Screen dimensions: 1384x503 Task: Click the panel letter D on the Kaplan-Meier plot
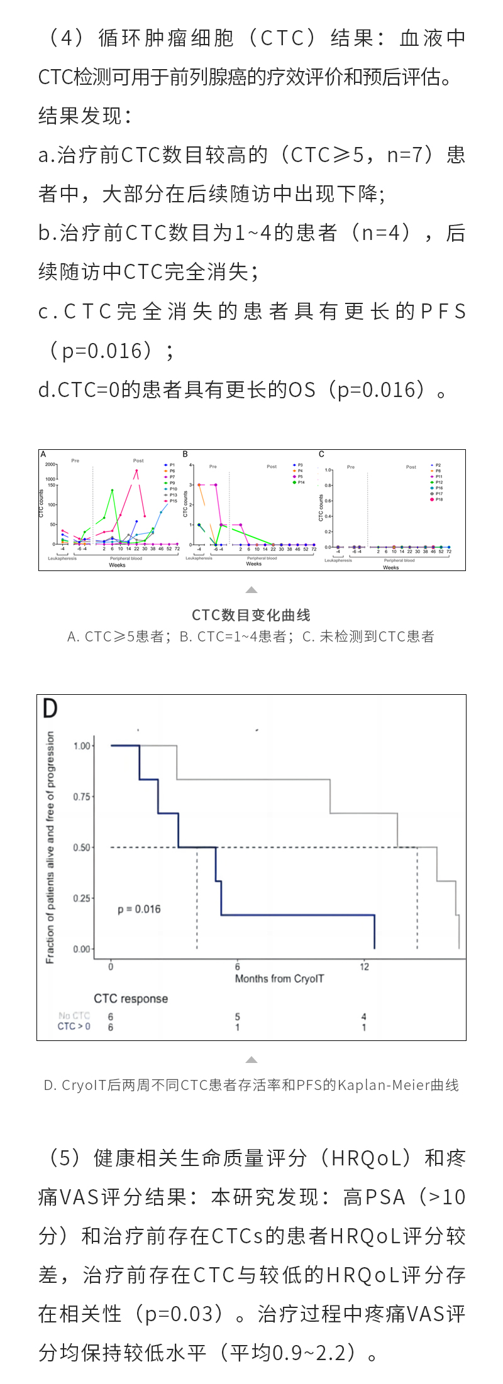click(x=50, y=709)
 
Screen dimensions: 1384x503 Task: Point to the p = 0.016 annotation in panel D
click(x=139, y=909)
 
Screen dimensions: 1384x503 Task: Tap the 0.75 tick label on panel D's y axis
click(x=82, y=797)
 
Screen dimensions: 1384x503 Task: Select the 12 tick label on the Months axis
click(x=364, y=966)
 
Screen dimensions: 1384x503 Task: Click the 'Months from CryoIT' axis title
click(x=279, y=978)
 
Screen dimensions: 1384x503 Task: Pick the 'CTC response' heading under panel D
click(x=131, y=999)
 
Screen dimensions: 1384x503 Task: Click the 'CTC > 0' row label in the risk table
click(x=74, y=1026)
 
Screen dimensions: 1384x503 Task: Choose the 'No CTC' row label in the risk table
click(x=74, y=1015)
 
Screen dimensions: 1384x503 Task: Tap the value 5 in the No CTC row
click(x=238, y=1016)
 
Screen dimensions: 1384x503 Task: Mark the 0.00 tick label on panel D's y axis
click(x=82, y=949)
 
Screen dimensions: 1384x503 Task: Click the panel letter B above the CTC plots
click(x=185, y=454)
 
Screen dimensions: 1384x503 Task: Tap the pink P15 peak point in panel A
click(x=136, y=471)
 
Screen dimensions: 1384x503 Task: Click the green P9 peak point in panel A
click(x=112, y=490)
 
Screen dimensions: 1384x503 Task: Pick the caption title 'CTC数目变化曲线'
click(x=251, y=615)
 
